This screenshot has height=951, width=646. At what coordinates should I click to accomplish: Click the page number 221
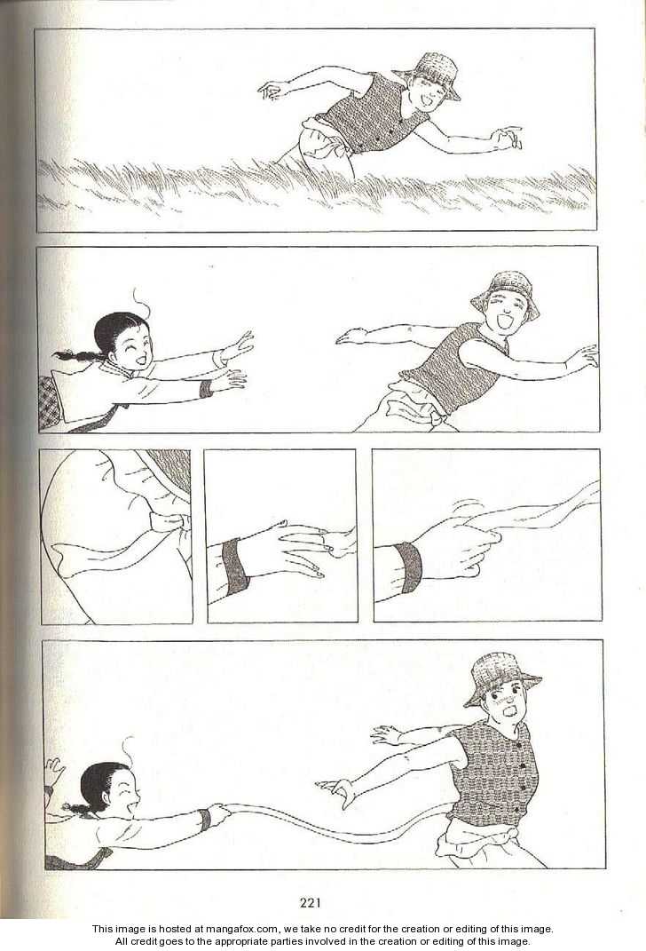pos(310,902)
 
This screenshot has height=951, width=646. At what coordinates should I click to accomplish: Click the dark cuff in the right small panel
pos(410,567)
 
